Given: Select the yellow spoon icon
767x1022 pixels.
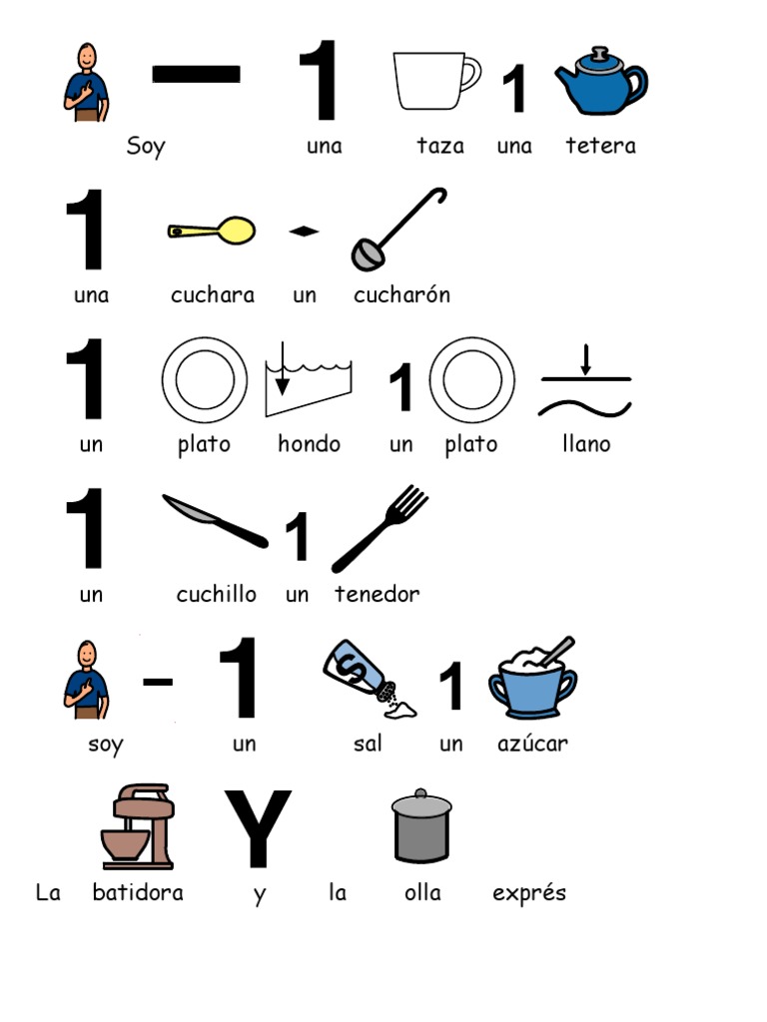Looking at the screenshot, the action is pyautogui.click(x=212, y=231).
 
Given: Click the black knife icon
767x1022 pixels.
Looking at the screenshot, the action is pyautogui.click(x=216, y=521).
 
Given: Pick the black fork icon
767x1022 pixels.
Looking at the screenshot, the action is pyautogui.click(x=381, y=529).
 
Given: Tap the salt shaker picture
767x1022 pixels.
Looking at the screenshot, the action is pyautogui.click(x=370, y=679).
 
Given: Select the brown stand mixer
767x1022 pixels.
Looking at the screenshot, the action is pyautogui.click(x=138, y=826).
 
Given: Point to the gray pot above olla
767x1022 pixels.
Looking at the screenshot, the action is pyautogui.click(x=421, y=826).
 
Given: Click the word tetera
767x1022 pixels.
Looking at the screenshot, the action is pyautogui.click(x=600, y=146).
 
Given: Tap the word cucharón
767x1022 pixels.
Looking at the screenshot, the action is pyautogui.click(x=401, y=294).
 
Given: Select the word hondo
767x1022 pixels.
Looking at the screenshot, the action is pyautogui.click(x=310, y=444).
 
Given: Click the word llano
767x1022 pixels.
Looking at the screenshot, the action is pyautogui.click(x=586, y=444).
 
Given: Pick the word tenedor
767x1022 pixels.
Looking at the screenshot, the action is pyautogui.click(x=377, y=594).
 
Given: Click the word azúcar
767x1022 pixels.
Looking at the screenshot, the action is pyautogui.click(x=533, y=743).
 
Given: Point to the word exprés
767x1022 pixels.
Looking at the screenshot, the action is pyautogui.click(x=529, y=892).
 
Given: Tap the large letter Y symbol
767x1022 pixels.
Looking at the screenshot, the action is pyautogui.click(x=258, y=827).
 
